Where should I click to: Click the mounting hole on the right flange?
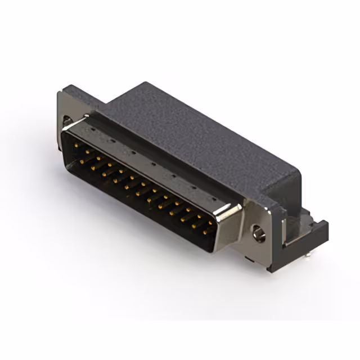[259, 232]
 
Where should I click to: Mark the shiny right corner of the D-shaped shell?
[231, 211]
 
